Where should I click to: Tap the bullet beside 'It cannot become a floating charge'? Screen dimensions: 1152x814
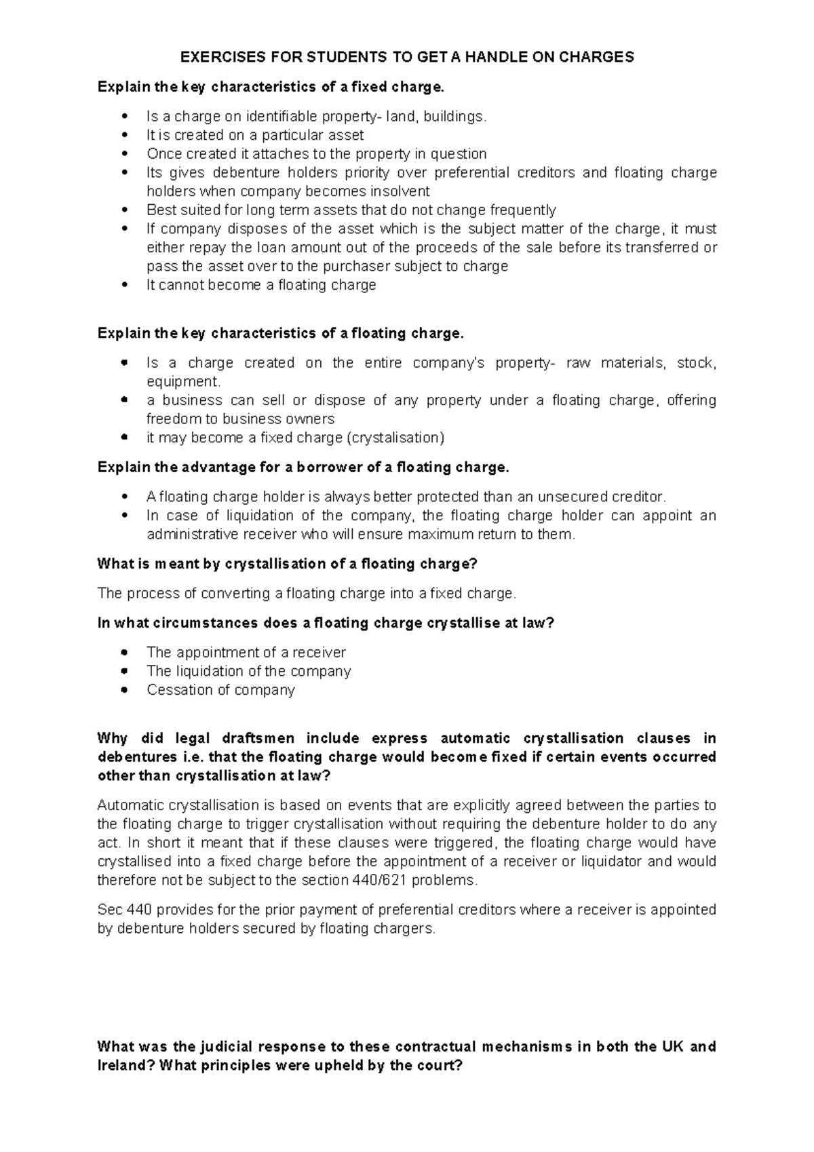[x=123, y=286]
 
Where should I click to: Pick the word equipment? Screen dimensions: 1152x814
[x=182, y=382]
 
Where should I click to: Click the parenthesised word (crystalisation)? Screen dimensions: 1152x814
[x=395, y=438]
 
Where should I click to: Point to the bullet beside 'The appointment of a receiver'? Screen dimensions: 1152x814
[x=123, y=653]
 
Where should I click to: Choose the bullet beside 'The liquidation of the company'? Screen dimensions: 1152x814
[x=123, y=672]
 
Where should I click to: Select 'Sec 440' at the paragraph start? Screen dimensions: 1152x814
[x=123, y=910]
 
